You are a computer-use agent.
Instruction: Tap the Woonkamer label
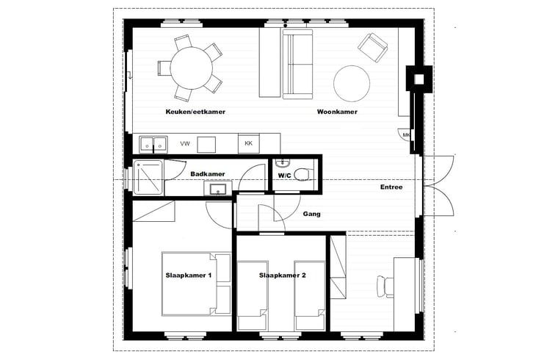(337, 112)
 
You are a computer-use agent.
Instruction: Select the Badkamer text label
(208, 174)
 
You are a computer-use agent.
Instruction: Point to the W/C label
(285, 176)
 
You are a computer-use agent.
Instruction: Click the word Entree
(391, 187)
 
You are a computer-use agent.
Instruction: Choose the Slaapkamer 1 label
(189, 276)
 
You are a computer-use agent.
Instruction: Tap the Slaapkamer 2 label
(282, 276)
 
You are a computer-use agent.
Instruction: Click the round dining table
(187, 67)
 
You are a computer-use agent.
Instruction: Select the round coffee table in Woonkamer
(352, 83)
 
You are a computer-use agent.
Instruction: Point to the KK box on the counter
(248, 143)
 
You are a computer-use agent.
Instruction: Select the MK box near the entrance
(405, 135)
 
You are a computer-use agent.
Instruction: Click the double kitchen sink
(153, 143)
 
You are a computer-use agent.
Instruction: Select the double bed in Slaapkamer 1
(196, 283)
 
